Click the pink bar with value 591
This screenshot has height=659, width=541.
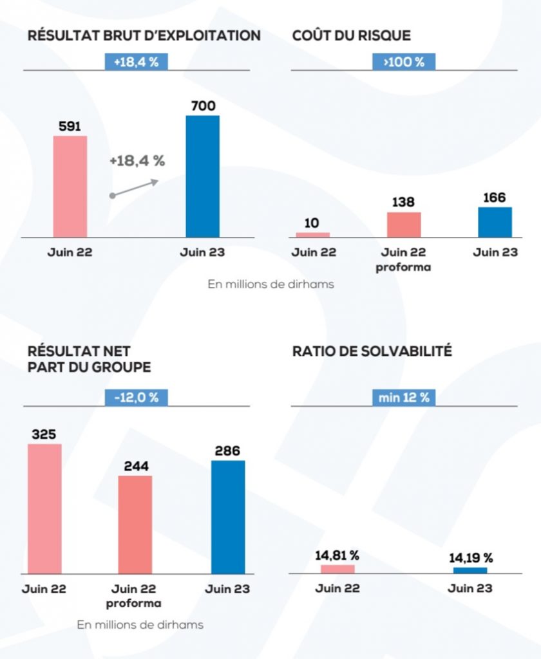coord(70,187)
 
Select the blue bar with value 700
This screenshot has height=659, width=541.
coord(202,176)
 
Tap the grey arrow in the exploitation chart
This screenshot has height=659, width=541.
coord(135,188)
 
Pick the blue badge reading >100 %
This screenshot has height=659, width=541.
coord(404,62)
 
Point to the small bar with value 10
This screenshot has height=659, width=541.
coord(312,235)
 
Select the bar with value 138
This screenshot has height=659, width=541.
coord(404,225)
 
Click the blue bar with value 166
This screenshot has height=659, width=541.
coord(495,222)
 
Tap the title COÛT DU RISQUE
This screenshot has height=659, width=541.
coord(351,35)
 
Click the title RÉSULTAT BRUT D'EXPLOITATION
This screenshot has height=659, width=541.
coord(144,35)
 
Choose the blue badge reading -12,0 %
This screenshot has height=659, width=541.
coord(136,397)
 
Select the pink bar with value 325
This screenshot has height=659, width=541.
coord(44,508)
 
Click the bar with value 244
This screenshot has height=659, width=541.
coord(135,524)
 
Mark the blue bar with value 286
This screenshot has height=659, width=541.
coord(228,517)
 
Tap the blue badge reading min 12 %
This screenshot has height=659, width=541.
coord(404,397)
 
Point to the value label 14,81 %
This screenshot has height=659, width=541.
coord(337,555)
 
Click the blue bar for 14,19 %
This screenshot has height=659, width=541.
coord(470,570)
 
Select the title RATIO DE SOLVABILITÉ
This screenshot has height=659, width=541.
coord(372,351)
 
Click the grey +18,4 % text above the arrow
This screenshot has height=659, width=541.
coord(137,161)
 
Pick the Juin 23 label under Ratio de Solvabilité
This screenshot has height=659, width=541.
coord(470,588)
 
